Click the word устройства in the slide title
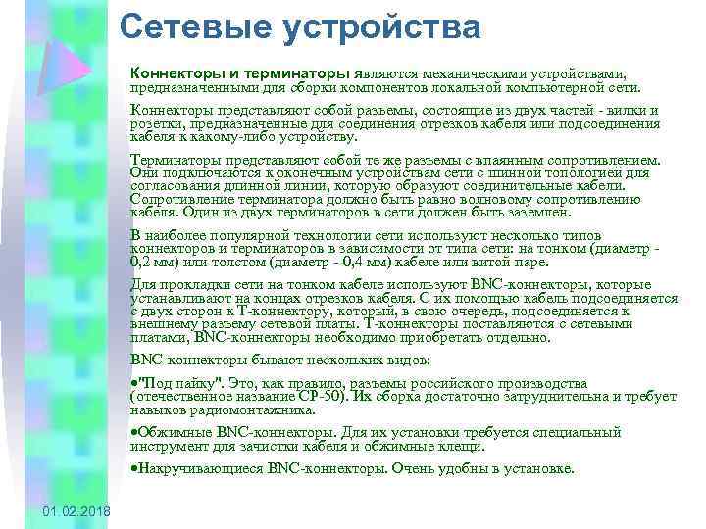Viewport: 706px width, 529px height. click(x=381, y=28)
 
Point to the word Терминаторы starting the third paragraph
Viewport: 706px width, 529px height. click(x=174, y=159)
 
